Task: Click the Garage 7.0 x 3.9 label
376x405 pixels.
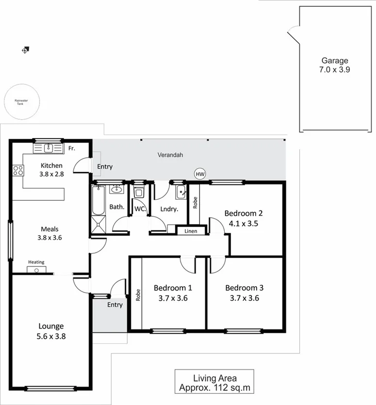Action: coord(335,65)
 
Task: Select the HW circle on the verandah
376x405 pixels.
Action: coord(199,174)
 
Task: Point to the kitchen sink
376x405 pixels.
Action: coord(48,148)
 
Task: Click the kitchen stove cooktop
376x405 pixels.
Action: coord(18,170)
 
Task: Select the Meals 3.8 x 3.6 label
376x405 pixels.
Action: coord(50,233)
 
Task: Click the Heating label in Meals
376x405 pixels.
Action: coord(36,262)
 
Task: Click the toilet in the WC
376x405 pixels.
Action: coord(139,193)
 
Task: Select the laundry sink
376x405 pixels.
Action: coord(180,192)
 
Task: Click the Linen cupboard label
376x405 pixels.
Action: coord(191,231)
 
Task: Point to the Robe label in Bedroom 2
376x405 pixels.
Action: coord(195,201)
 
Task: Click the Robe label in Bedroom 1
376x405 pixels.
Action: coord(137,296)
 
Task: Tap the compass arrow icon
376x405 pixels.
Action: coord(25,49)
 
